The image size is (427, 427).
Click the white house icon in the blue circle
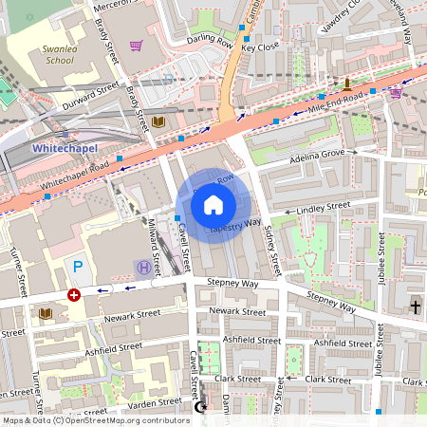(x=213, y=205)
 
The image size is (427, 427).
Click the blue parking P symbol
(x=79, y=268)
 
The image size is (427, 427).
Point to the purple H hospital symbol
(x=143, y=268)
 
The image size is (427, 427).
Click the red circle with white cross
(x=74, y=295)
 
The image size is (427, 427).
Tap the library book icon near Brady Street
(x=158, y=122)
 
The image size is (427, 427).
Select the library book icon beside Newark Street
(x=46, y=312)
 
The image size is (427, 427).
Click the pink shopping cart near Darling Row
(x=137, y=45)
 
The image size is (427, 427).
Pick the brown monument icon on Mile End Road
(x=346, y=84)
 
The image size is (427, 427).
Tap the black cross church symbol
(x=415, y=306)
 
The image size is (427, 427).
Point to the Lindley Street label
(x=324, y=206)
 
